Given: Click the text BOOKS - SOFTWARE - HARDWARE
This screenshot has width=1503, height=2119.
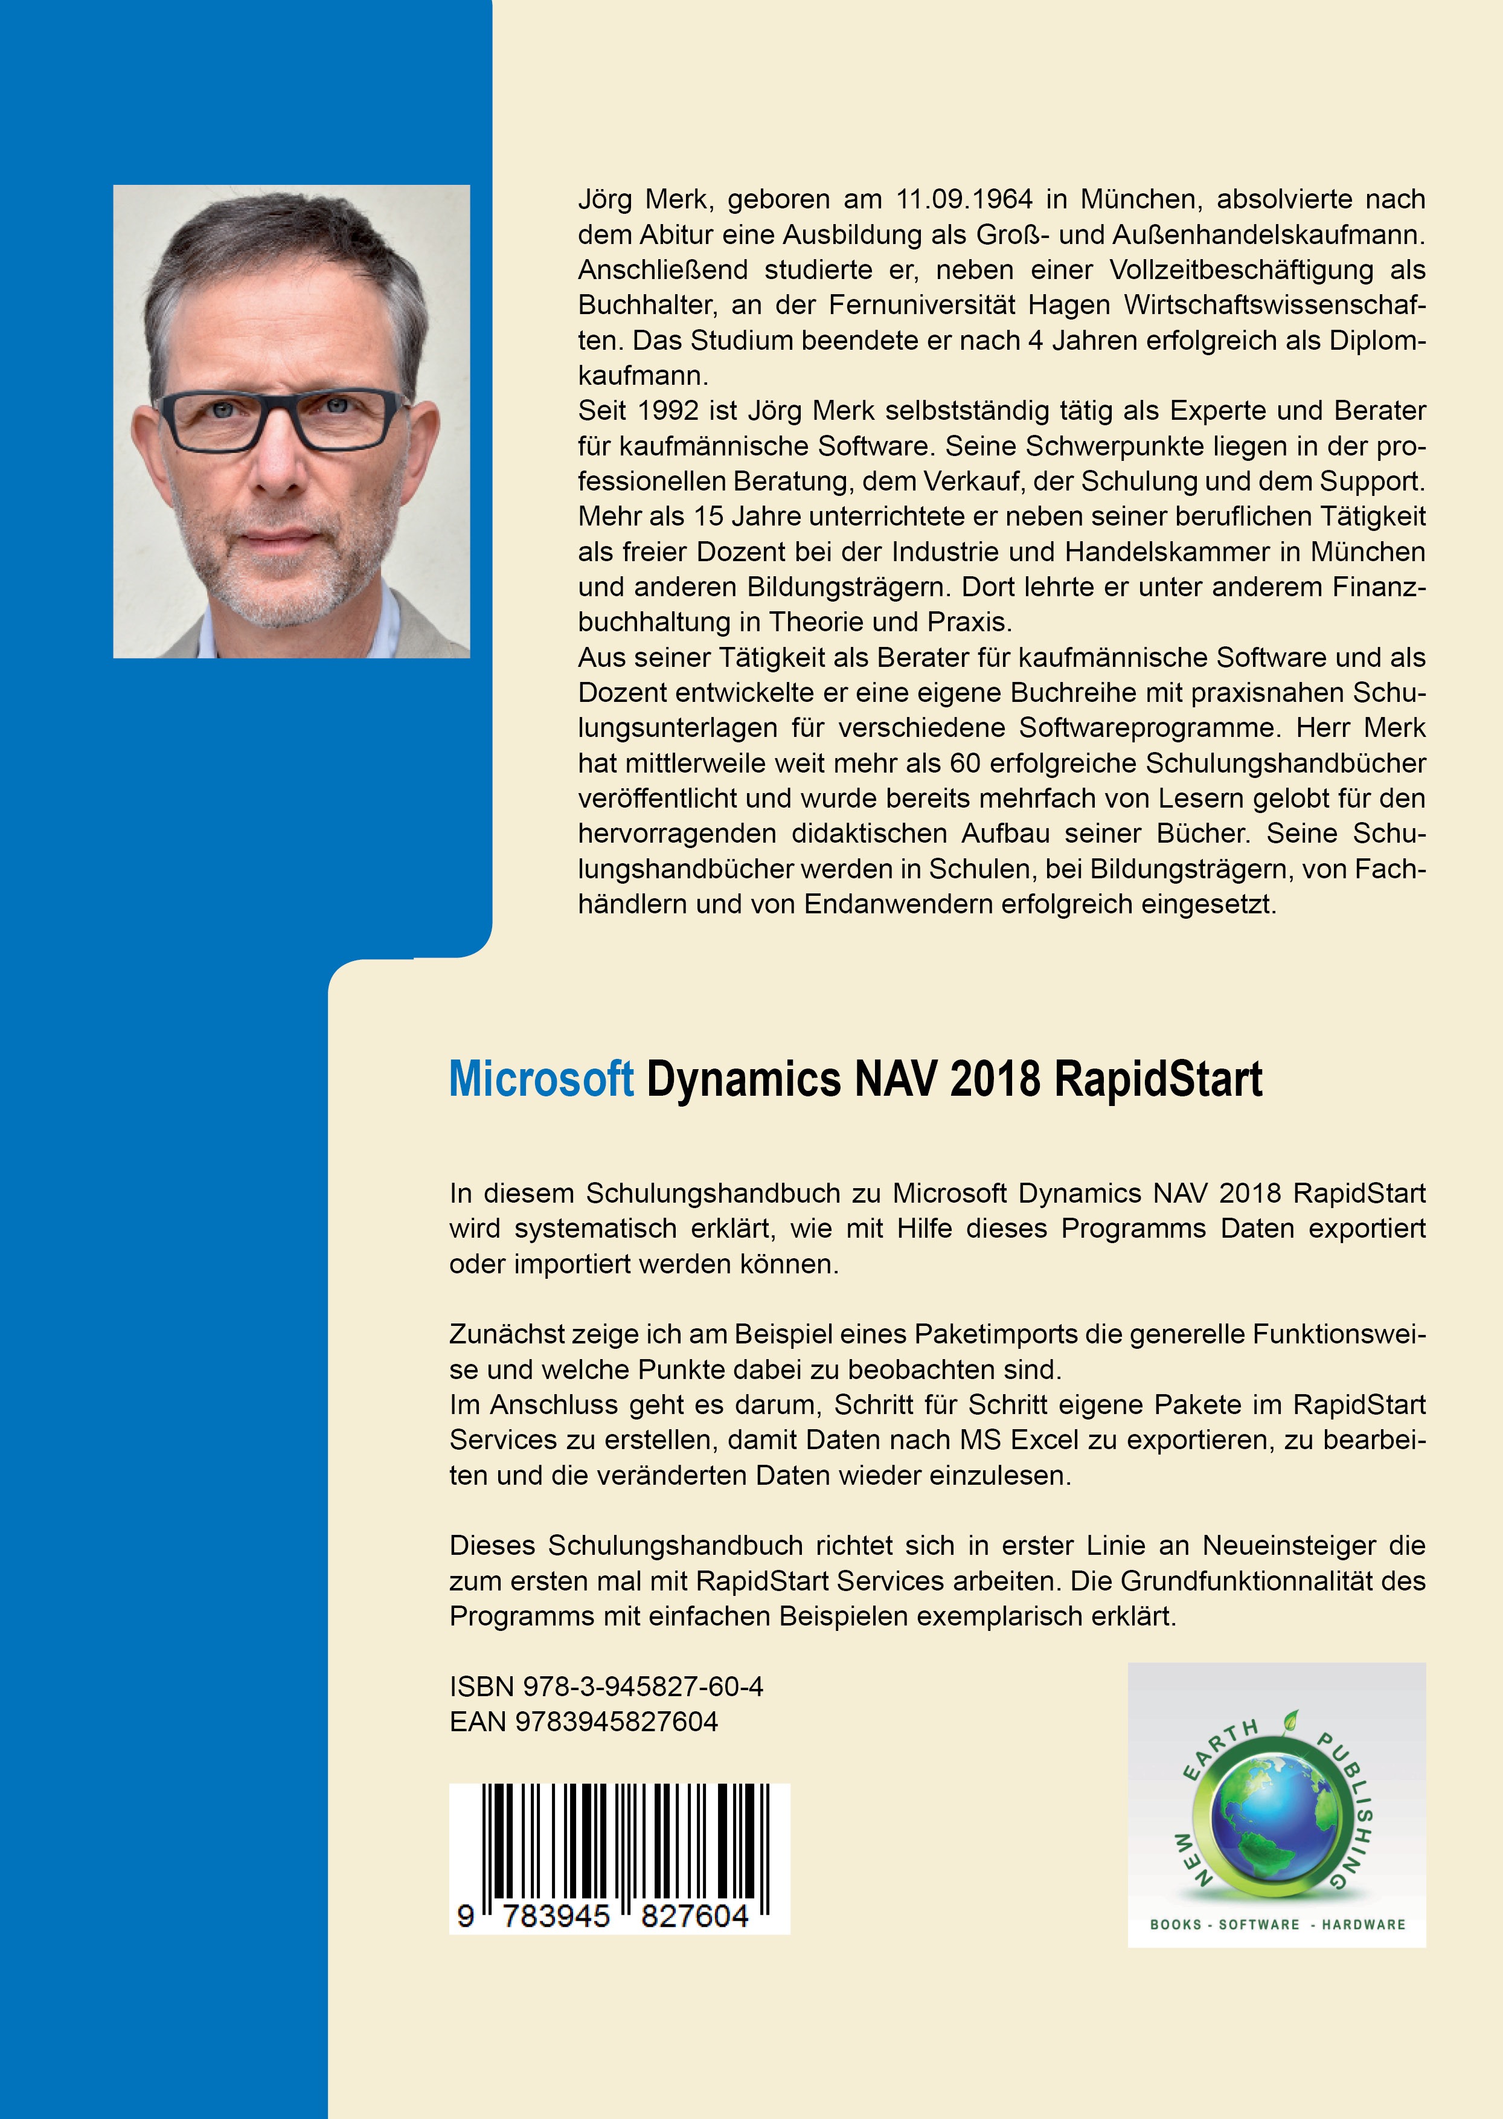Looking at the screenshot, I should [1277, 1924].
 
